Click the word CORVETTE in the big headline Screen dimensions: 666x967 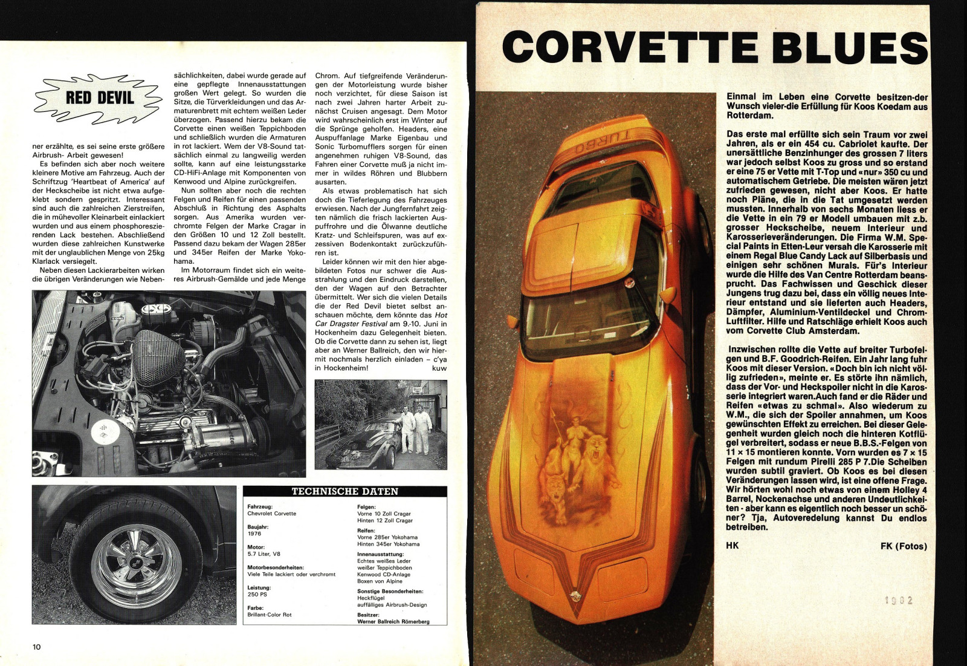click(629, 47)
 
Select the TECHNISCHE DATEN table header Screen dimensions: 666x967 click(344, 492)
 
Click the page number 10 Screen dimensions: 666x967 click(37, 647)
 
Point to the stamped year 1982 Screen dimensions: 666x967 click(898, 601)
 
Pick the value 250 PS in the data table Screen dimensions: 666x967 click(257, 595)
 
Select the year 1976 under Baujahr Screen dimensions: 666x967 click(254, 534)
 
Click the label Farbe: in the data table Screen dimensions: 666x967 click(256, 608)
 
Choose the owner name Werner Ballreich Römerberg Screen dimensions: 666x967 click(393, 621)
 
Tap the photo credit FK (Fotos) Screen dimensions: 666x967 click(904, 546)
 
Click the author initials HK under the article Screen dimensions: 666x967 click(733, 546)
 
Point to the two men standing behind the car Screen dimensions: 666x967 click(415, 428)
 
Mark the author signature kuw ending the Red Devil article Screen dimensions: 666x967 click(439, 368)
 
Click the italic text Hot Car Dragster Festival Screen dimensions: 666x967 click(381, 319)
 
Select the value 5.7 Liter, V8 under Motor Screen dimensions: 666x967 click(264, 553)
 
